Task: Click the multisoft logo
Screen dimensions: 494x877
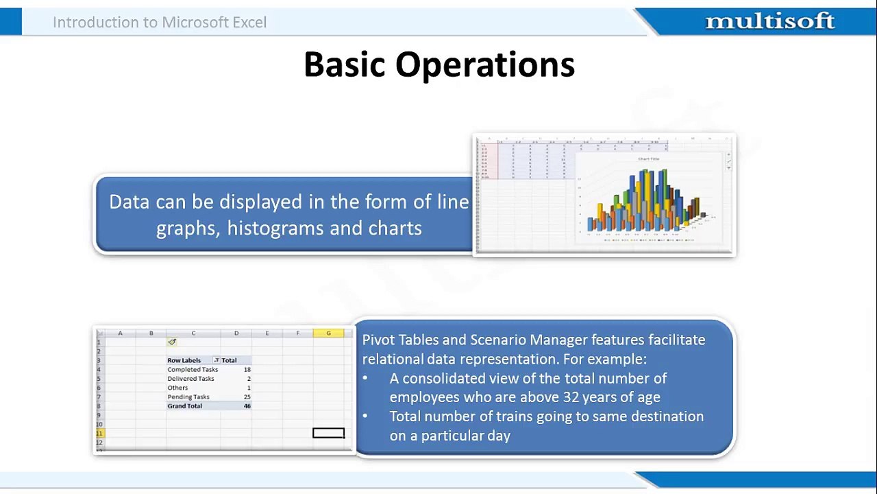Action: click(x=769, y=22)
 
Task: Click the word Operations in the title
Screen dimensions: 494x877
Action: click(x=484, y=65)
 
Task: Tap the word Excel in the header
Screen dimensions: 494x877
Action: click(x=249, y=22)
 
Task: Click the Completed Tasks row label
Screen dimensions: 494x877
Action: click(x=193, y=369)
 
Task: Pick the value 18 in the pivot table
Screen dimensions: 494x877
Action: click(x=247, y=369)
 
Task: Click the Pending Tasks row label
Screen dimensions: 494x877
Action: click(x=188, y=397)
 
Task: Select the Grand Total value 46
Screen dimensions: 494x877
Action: click(x=247, y=405)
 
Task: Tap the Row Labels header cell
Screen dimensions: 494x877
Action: click(x=184, y=360)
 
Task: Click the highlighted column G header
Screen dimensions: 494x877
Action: click(x=328, y=333)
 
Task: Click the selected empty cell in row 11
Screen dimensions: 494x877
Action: click(x=328, y=433)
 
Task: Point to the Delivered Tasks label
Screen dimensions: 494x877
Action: click(x=190, y=378)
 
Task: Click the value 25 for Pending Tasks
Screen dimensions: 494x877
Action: click(x=247, y=397)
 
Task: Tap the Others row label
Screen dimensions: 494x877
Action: click(x=177, y=388)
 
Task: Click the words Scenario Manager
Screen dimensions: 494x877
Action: click(x=528, y=340)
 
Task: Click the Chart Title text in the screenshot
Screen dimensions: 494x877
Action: click(x=648, y=159)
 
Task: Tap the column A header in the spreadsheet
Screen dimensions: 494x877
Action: click(x=120, y=333)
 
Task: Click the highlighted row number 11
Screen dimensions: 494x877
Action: click(x=99, y=433)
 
